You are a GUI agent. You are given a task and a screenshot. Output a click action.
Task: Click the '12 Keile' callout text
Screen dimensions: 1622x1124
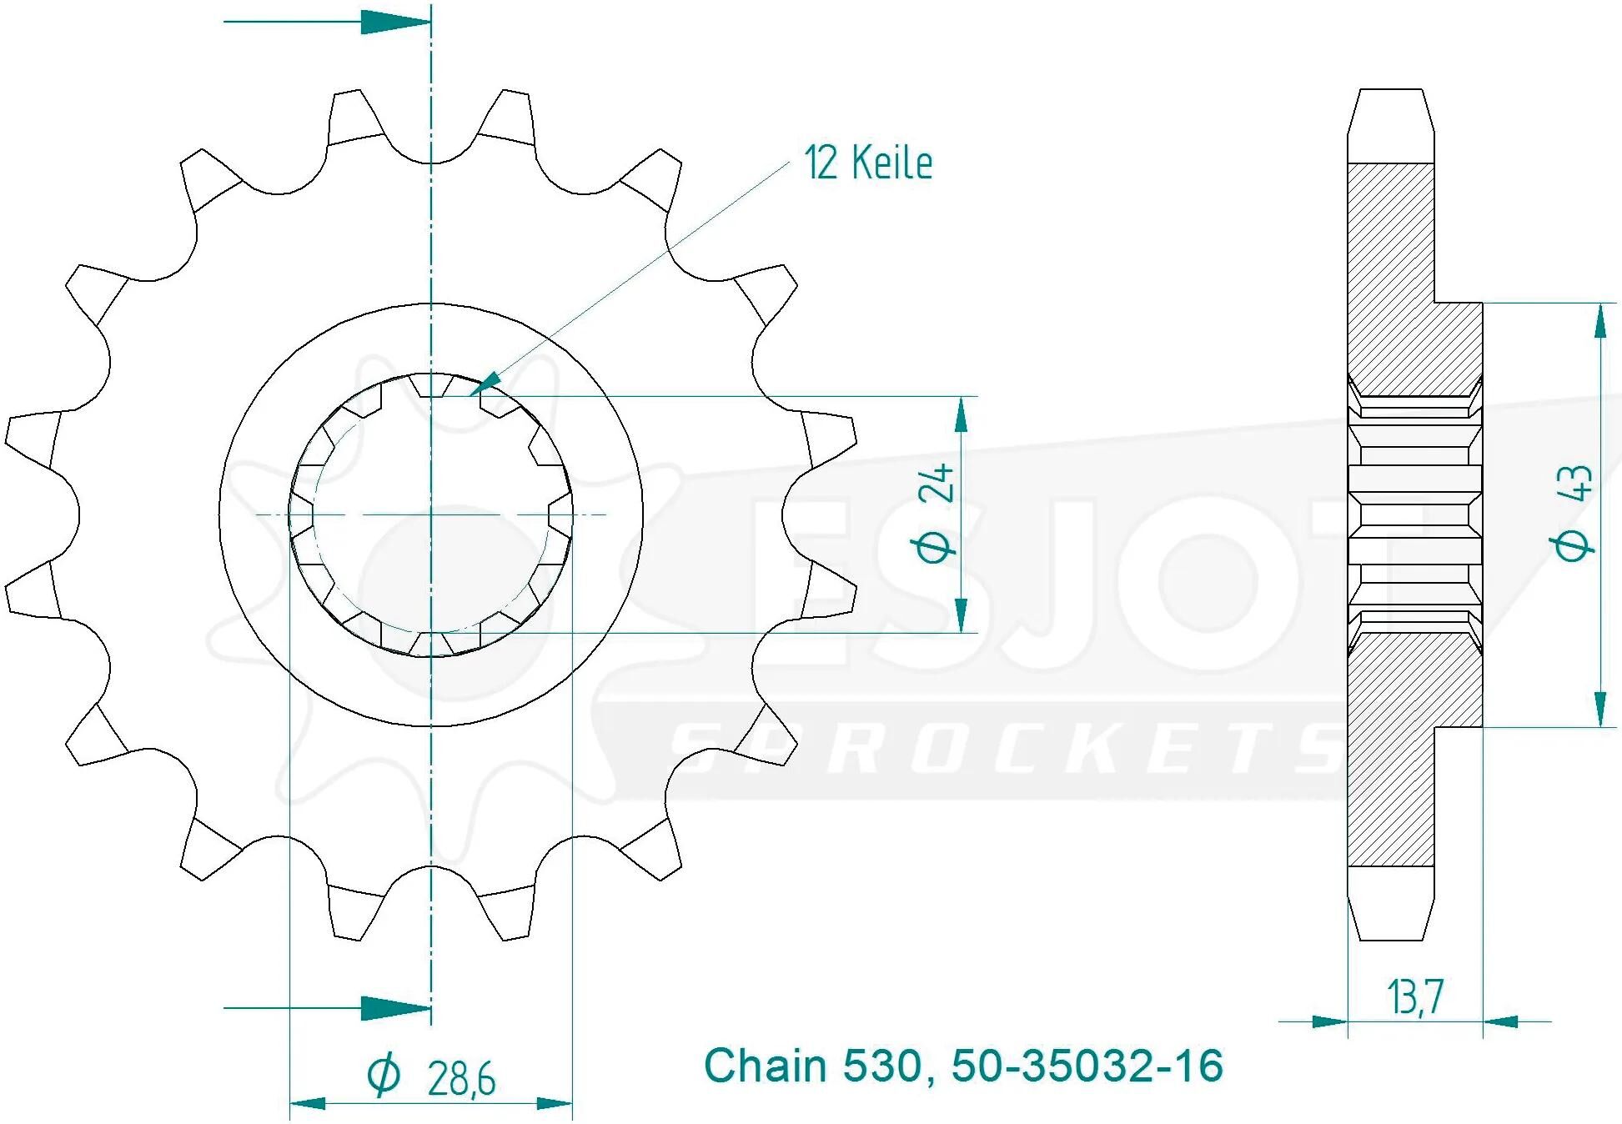coord(868,163)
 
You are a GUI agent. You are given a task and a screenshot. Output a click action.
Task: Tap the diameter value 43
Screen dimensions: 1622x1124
coord(1572,483)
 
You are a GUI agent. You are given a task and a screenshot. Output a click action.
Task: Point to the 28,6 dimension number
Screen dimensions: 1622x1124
coord(461,1079)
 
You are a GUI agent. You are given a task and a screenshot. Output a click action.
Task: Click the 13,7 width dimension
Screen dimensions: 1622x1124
coord(1415,997)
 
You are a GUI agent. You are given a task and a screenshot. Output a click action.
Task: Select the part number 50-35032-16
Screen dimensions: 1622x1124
coord(1087,1066)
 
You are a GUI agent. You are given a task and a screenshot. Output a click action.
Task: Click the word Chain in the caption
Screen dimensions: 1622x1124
coord(765,1066)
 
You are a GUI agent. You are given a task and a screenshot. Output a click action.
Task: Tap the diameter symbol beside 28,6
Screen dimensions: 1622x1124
coord(384,1075)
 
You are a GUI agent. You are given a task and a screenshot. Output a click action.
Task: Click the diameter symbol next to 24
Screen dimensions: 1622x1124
coord(935,547)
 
